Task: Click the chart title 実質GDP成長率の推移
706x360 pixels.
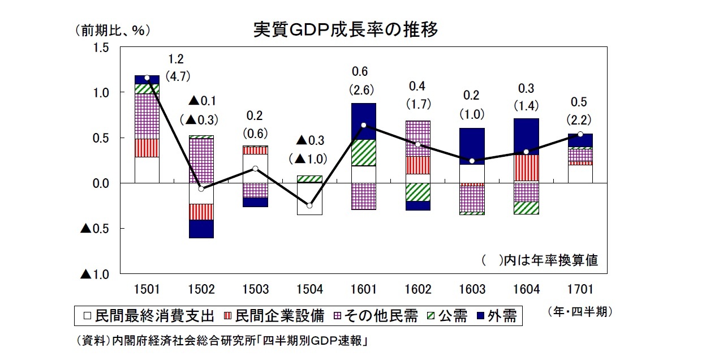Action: point(345,30)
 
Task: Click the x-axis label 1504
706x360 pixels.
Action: point(309,290)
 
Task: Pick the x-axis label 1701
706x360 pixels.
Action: point(580,290)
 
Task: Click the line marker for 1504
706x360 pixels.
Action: point(309,205)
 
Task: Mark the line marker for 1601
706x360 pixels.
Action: point(363,125)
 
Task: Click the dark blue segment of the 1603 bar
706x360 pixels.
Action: point(472,146)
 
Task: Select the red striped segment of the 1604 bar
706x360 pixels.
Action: point(526,168)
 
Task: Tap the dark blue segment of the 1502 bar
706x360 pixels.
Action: point(201,229)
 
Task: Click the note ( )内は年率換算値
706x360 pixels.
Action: point(540,261)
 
